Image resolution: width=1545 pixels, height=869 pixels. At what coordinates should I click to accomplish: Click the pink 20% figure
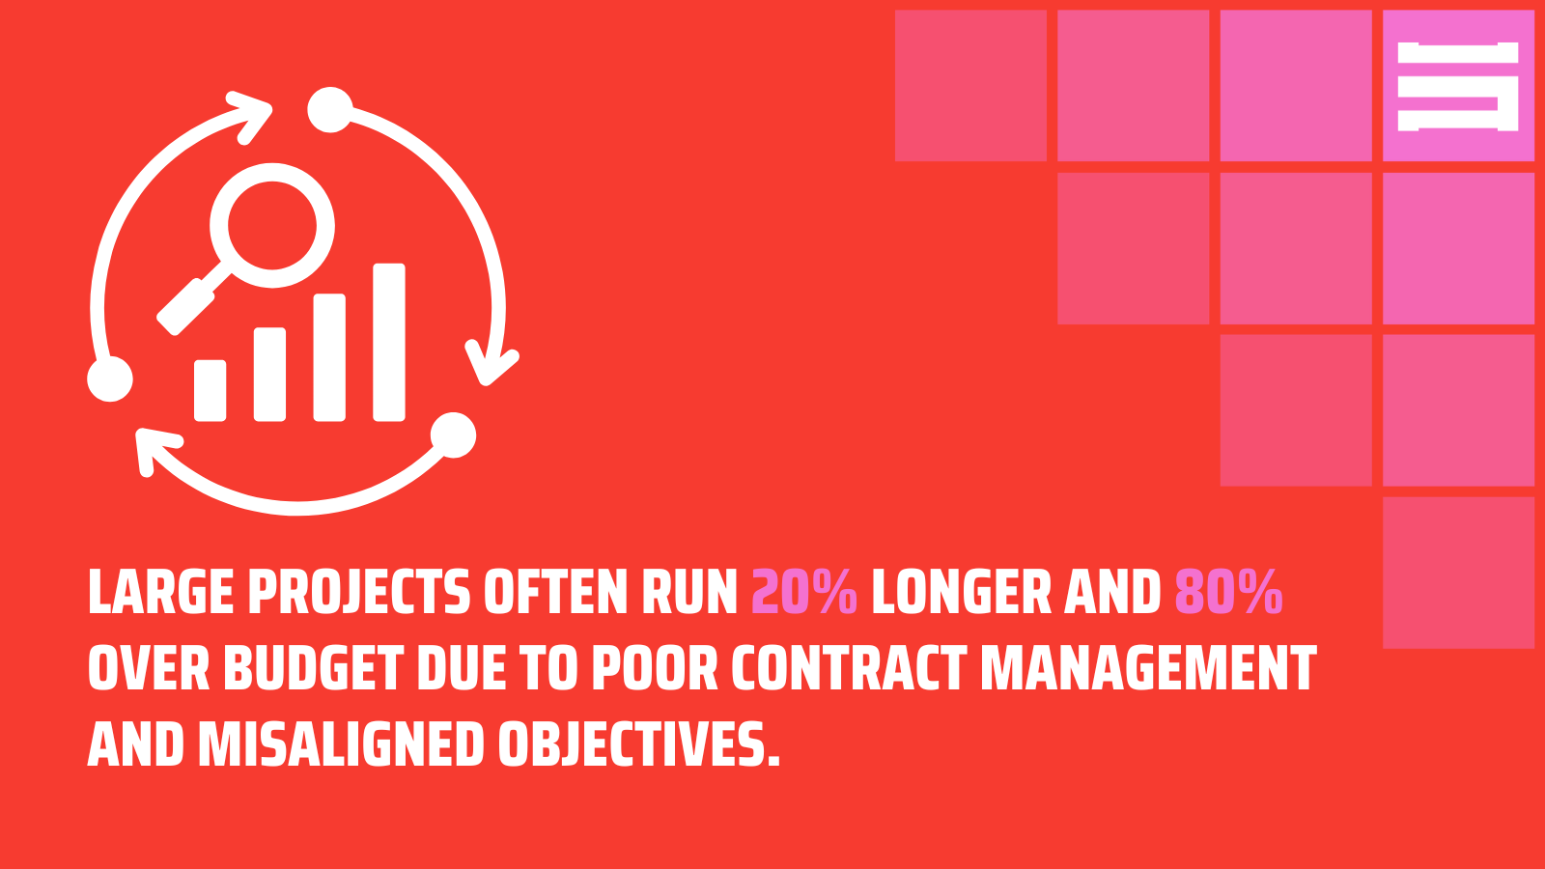[x=803, y=592]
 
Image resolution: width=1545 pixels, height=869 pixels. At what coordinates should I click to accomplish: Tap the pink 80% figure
[x=1228, y=592]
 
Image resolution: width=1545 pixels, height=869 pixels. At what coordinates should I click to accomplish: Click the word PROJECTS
[x=359, y=592]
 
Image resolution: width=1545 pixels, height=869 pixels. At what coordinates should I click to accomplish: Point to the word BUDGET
[x=313, y=668]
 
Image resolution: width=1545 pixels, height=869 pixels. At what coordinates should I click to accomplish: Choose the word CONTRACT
[x=849, y=668]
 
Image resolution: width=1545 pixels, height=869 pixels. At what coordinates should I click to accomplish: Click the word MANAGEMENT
[x=1148, y=668]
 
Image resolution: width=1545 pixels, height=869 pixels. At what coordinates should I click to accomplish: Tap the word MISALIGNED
[x=340, y=745]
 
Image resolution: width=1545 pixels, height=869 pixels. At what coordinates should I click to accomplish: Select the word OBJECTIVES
[x=638, y=745]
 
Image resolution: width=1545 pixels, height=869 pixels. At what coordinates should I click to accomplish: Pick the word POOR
[x=655, y=668]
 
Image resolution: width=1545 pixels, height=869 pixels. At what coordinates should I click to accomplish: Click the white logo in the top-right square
[x=1458, y=86]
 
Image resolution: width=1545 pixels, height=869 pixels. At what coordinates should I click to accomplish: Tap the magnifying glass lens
[x=272, y=226]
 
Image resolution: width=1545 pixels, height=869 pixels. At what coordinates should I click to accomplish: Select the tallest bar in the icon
[x=389, y=342]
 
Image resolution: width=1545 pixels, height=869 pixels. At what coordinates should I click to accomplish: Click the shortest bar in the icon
[x=210, y=390]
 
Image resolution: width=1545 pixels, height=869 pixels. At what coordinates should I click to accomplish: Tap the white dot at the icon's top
[x=329, y=110]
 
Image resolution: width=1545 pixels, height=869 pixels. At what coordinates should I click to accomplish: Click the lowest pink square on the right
[x=1458, y=572]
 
